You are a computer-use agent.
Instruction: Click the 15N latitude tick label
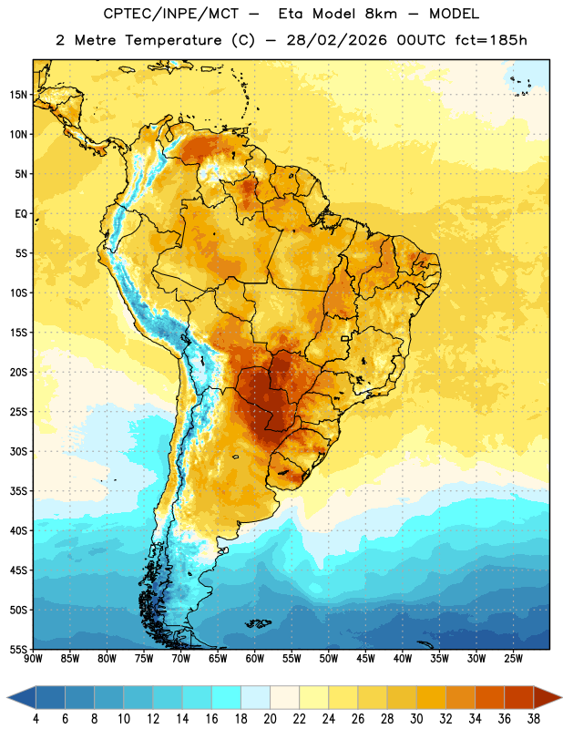(x=18, y=95)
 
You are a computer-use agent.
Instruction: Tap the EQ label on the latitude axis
(x=21, y=214)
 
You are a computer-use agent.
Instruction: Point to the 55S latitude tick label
(x=18, y=649)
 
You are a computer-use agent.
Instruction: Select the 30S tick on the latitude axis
(x=18, y=451)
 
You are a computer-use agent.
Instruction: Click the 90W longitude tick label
(x=33, y=659)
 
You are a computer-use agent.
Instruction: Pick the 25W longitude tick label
(x=513, y=659)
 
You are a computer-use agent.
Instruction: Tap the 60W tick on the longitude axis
(x=255, y=659)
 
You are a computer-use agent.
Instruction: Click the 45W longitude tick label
(x=365, y=659)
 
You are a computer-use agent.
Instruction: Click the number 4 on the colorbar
(x=36, y=719)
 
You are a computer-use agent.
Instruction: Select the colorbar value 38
(x=534, y=719)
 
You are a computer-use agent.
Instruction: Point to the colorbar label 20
(x=270, y=719)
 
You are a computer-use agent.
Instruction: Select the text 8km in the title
(x=381, y=14)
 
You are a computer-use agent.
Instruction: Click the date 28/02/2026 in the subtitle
(x=336, y=40)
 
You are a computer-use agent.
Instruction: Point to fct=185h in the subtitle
(x=491, y=40)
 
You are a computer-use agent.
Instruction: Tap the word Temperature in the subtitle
(x=173, y=41)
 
